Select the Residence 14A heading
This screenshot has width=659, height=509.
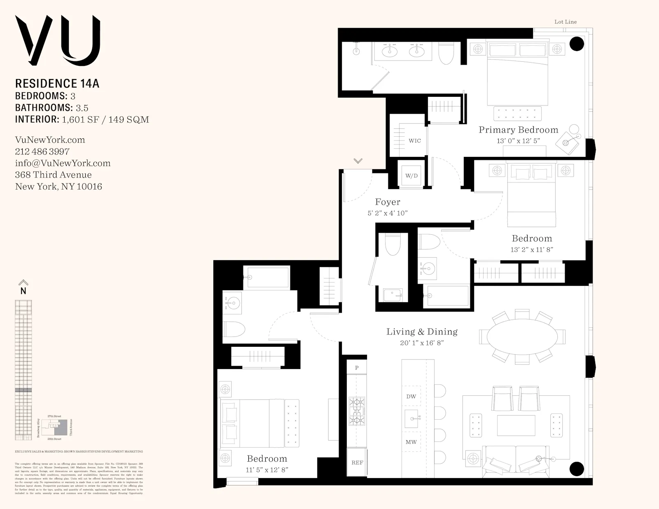click(x=57, y=84)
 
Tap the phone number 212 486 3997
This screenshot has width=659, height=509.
click(x=42, y=152)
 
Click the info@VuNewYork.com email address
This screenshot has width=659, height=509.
click(x=63, y=163)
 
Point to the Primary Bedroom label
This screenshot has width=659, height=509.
click(x=518, y=130)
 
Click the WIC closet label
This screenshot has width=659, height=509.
click(x=414, y=141)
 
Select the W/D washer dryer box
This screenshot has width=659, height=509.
click(x=411, y=175)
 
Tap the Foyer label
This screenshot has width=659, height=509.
click(x=388, y=202)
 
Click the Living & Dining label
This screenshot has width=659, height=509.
click(x=422, y=332)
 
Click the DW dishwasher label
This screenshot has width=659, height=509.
click(x=411, y=397)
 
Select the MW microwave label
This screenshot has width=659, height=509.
click(x=411, y=442)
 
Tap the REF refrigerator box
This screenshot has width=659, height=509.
click(x=357, y=462)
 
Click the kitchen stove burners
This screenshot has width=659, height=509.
click(x=357, y=411)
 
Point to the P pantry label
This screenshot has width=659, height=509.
click(x=357, y=368)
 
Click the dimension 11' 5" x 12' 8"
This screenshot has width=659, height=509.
click(x=267, y=469)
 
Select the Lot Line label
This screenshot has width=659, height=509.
click(x=565, y=22)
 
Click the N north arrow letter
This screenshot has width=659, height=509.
click(x=23, y=291)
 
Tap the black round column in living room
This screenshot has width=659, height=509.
click(x=577, y=469)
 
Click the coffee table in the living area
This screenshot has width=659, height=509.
click(x=516, y=425)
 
